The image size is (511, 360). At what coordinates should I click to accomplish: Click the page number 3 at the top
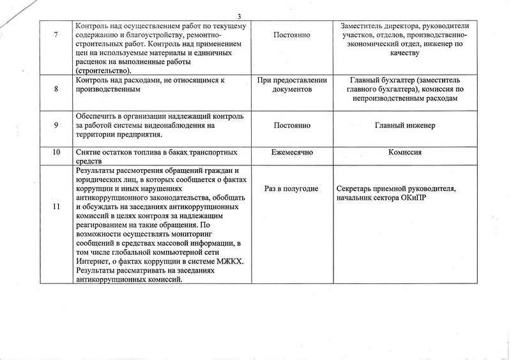[x=255, y=17]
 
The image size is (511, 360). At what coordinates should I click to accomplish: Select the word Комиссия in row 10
[x=405, y=153]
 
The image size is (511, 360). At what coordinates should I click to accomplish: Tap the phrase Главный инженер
[x=405, y=125]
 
